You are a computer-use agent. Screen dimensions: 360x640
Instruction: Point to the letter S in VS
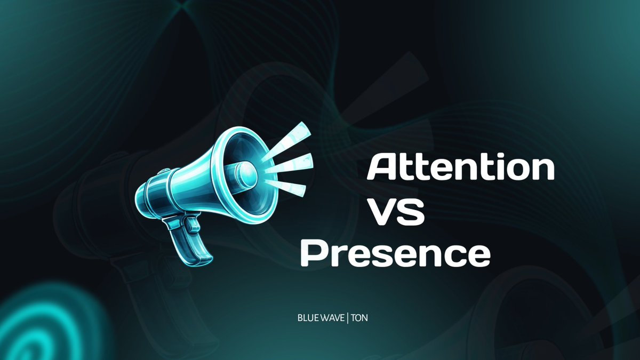coord(412,212)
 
